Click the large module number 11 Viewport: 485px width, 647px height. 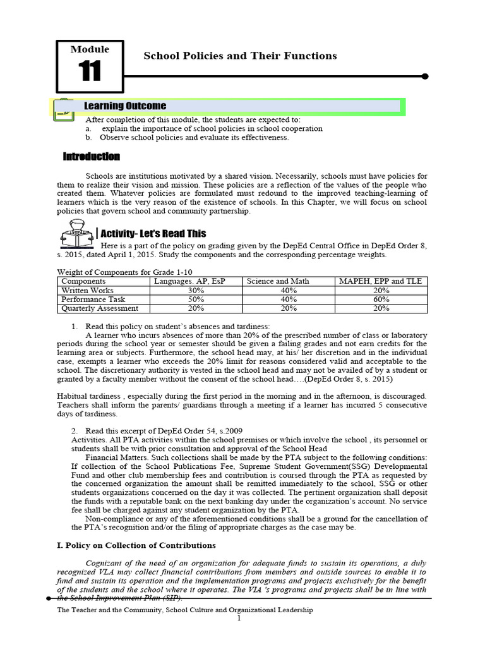tap(90, 71)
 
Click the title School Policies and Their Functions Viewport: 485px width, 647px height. tap(240, 56)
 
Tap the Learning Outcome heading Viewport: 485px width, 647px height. tap(126, 106)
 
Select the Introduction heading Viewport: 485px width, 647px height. tap(92, 157)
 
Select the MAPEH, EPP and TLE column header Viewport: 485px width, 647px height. tap(381, 281)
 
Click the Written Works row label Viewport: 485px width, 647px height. tap(87, 290)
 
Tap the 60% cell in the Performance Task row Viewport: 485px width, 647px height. tap(381, 299)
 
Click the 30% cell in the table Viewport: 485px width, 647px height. tap(196, 290)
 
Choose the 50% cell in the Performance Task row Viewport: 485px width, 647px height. tap(196, 299)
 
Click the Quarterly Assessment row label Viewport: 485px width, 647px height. tap(99, 308)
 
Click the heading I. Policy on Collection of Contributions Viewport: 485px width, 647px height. tap(136, 545)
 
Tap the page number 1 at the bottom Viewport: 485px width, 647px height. tap(239, 619)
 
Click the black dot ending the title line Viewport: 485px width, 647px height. tap(425, 76)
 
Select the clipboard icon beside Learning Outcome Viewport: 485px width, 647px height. tap(63, 110)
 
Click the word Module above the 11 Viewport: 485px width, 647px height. tap(90, 49)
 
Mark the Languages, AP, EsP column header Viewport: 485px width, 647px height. tap(196, 281)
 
